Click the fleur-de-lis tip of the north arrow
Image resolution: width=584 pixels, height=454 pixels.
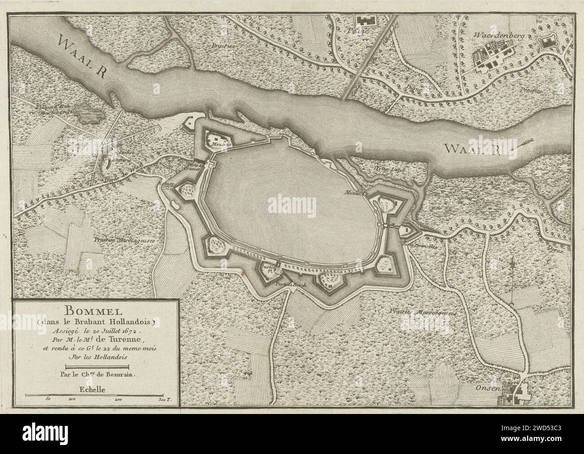point(513,260)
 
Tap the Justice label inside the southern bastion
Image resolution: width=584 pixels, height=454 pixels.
point(268,266)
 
